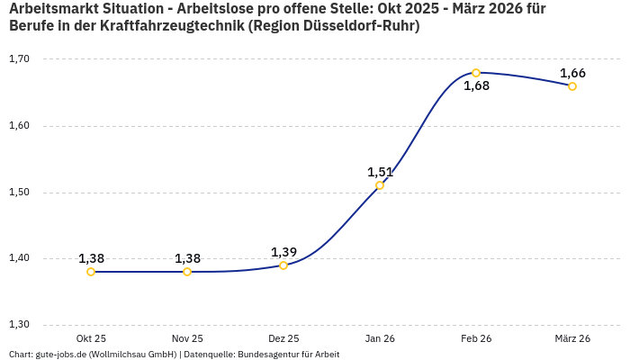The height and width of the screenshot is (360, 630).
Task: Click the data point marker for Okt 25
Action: click(x=91, y=272)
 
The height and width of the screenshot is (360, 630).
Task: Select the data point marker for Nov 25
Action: click(x=187, y=272)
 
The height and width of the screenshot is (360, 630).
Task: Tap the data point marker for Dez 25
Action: click(x=283, y=265)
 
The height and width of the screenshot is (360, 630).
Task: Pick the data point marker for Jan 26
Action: click(x=380, y=185)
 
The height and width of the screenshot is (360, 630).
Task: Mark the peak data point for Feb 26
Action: click(x=476, y=73)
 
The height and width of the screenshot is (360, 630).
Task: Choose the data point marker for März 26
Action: click(x=572, y=86)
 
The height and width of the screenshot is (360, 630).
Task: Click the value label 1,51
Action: click(x=380, y=172)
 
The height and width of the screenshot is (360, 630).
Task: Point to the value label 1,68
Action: click(x=476, y=86)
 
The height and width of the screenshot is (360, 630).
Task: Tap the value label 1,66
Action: click(x=572, y=73)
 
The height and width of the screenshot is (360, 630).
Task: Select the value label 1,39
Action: click(x=283, y=252)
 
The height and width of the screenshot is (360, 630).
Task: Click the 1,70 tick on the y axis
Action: click(x=19, y=59)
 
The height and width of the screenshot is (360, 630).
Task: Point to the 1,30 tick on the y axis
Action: click(x=19, y=325)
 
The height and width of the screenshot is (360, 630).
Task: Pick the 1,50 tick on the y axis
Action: click(x=19, y=193)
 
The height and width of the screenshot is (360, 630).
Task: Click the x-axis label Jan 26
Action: click(x=380, y=338)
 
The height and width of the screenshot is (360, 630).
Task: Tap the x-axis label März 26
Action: click(x=572, y=338)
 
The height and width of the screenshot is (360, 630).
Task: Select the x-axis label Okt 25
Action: click(x=91, y=338)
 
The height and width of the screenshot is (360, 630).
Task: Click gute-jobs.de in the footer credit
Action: click(x=64, y=354)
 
